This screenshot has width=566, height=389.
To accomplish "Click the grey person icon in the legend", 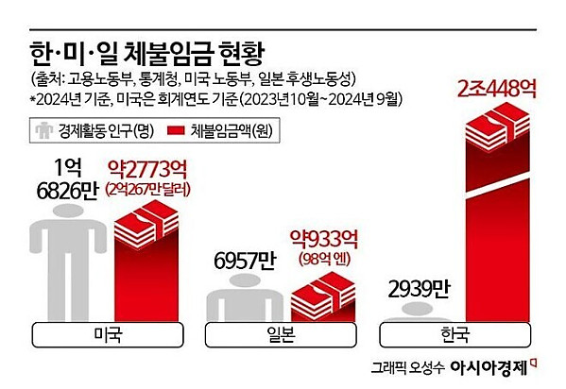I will click(x=43, y=128).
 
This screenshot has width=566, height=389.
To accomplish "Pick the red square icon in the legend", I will click(x=175, y=128).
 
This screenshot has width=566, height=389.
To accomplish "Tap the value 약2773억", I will click(x=151, y=171).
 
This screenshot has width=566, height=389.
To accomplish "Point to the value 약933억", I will click(x=321, y=238).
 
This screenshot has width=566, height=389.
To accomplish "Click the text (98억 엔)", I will click(x=323, y=257).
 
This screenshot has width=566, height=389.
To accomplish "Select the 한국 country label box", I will click(x=457, y=334).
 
